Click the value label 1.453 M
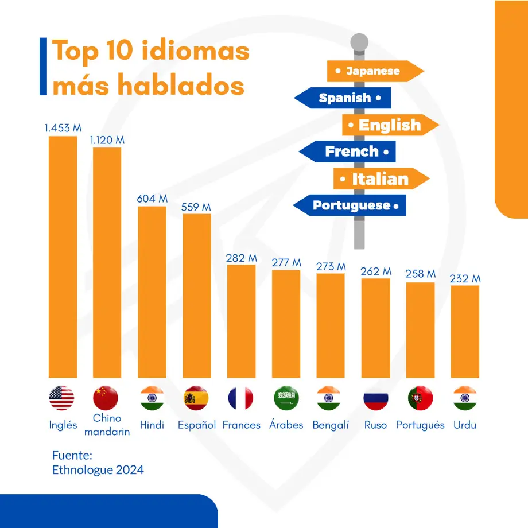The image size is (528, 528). [x=63, y=128]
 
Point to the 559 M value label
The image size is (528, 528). [x=196, y=207]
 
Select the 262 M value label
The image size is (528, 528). [x=376, y=271]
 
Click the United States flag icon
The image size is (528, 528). [x=62, y=398]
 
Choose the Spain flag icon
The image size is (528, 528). [x=196, y=398]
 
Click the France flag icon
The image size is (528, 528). [x=240, y=398]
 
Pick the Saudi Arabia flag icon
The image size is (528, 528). [x=285, y=398]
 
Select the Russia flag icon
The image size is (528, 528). [x=376, y=398]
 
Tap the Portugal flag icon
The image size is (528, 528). [x=420, y=398]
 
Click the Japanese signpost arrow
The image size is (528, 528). [x=374, y=71]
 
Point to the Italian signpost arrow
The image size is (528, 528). [x=380, y=178]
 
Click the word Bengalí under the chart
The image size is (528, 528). [x=331, y=425]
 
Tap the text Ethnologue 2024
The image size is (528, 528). [x=98, y=470]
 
